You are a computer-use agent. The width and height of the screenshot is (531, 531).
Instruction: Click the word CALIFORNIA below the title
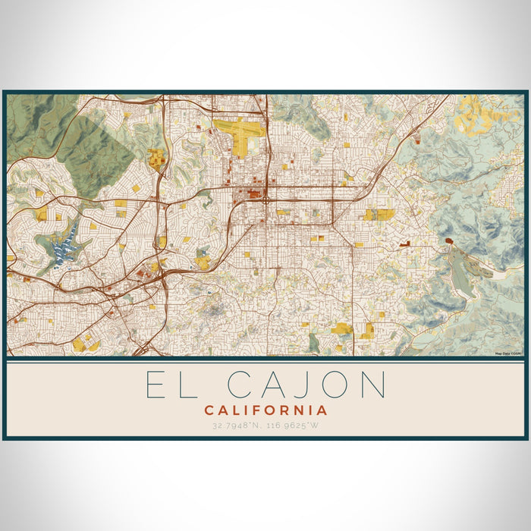(265, 410)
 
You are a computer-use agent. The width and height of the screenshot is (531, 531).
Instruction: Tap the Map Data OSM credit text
(507, 353)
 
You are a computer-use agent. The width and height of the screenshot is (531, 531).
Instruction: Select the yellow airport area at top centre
(238, 132)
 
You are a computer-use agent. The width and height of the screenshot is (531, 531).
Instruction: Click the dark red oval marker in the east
(449, 241)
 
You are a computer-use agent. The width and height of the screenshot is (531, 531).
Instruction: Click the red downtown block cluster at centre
(251, 194)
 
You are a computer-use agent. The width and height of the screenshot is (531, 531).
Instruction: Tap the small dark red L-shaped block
(402, 244)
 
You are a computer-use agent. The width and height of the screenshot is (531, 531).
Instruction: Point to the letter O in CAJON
(341, 385)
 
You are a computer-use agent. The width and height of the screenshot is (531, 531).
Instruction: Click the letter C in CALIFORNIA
(209, 410)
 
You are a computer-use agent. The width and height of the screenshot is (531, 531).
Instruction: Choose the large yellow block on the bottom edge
(341, 328)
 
